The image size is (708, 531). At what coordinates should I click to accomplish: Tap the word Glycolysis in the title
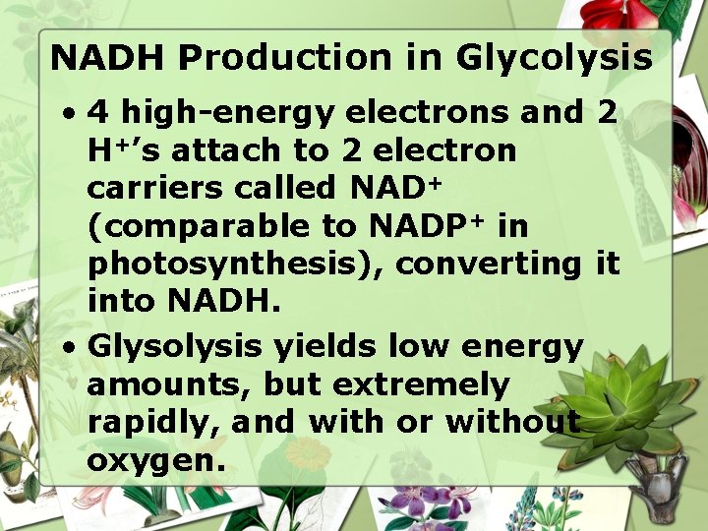554,58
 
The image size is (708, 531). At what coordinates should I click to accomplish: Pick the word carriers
160,189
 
